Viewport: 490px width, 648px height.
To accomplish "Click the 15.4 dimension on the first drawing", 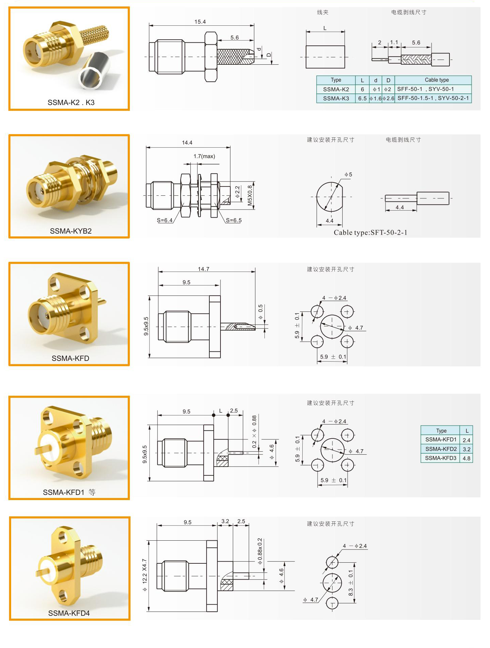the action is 200,22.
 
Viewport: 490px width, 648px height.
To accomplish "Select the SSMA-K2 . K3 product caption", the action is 71,102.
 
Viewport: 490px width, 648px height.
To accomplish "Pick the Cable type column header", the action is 437,80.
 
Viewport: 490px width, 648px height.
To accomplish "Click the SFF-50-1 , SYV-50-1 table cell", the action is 425,89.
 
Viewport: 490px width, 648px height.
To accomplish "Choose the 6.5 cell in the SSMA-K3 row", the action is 362,99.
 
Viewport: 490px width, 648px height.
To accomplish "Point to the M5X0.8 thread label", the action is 250,195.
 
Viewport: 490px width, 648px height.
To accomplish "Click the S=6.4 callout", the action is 165,220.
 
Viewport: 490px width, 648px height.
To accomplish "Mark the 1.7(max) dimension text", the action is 204,156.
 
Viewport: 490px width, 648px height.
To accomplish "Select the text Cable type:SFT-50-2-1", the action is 371,232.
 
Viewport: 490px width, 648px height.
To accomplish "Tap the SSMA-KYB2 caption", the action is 71,231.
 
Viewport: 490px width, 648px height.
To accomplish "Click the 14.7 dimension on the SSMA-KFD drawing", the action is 204,269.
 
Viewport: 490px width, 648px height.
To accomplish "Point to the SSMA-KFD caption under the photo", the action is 70,358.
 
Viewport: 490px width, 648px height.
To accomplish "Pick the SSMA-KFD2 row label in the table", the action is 441,449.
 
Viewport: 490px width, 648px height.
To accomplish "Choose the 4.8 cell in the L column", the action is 466,458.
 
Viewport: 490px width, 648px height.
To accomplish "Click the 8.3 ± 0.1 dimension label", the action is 351,583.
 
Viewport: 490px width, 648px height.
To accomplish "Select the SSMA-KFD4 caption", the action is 69,613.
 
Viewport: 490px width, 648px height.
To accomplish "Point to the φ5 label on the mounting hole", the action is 348,174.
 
